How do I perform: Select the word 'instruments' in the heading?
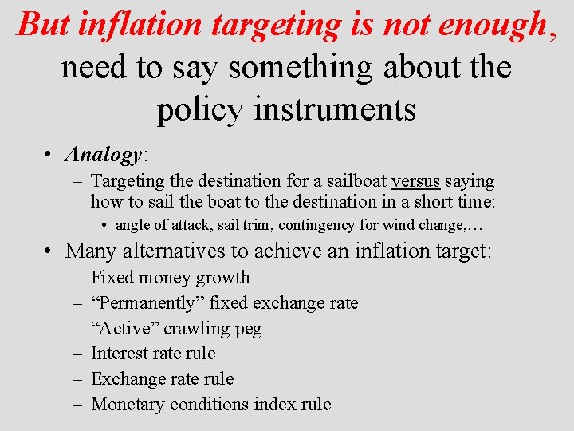pyautogui.click(x=335, y=109)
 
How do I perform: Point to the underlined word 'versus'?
pyautogui.click(x=418, y=181)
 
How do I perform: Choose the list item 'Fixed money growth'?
pyautogui.click(x=171, y=278)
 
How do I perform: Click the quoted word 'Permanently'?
pyautogui.click(x=148, y=303)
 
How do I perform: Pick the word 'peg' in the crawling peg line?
pyautogui.click(x=249, y=329)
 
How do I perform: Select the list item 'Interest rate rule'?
pyautogui.click(x=153, y=354)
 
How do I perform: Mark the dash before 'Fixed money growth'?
pyautogui.click(x=76, y=278)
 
